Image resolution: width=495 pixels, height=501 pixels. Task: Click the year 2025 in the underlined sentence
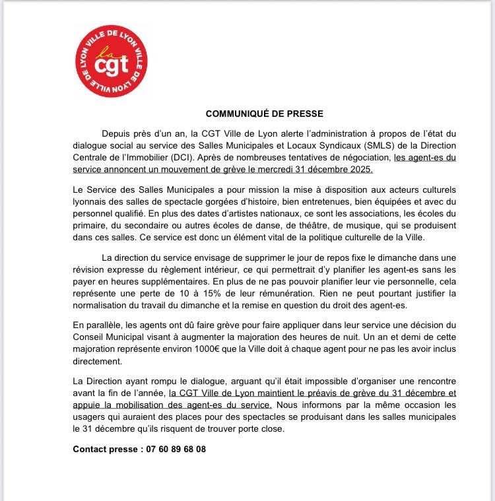[360, 170]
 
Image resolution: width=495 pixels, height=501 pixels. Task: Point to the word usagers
[89, 417]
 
